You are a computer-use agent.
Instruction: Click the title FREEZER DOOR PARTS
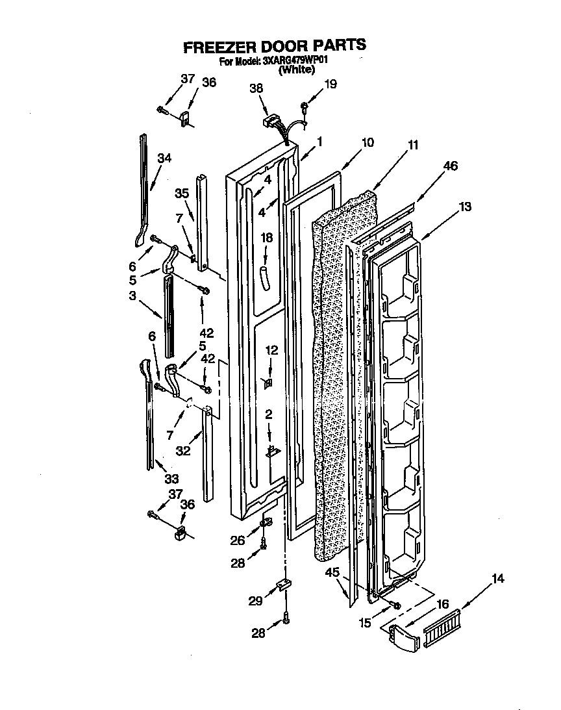[x=275, y=46]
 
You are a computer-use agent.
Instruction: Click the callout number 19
[x=330, y=84]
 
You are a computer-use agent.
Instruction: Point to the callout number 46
[x=449, y=166]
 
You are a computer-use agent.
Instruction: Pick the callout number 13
[x=464, y=207]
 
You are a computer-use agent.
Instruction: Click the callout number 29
[x=255, y=601]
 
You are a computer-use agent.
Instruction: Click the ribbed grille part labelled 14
[x=442, y=628]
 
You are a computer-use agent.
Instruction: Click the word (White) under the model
[x=296, y=71]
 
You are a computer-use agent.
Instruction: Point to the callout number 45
[x=332, y=572]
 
